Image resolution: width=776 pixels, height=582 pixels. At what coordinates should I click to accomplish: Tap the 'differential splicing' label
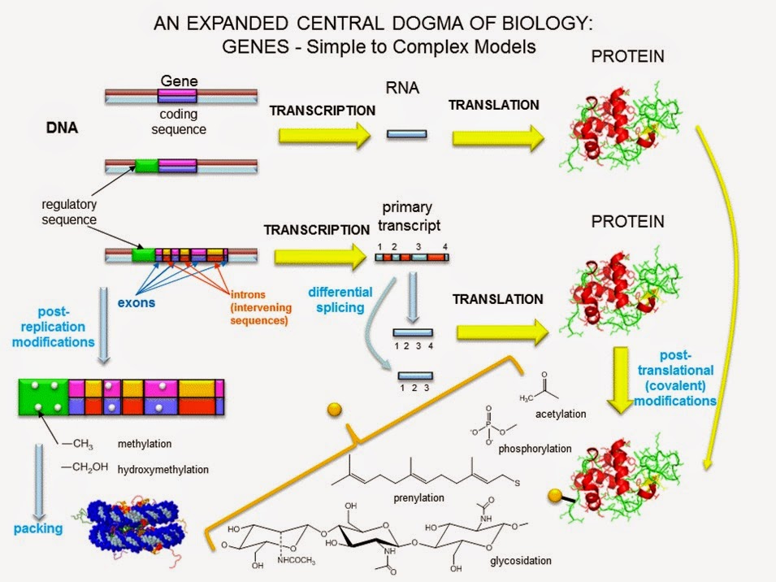click(340, 299)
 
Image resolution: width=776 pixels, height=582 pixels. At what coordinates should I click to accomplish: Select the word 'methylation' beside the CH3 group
click(145, 444)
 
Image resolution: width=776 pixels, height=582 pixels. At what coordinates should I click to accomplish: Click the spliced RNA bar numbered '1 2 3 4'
click(413, 332)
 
